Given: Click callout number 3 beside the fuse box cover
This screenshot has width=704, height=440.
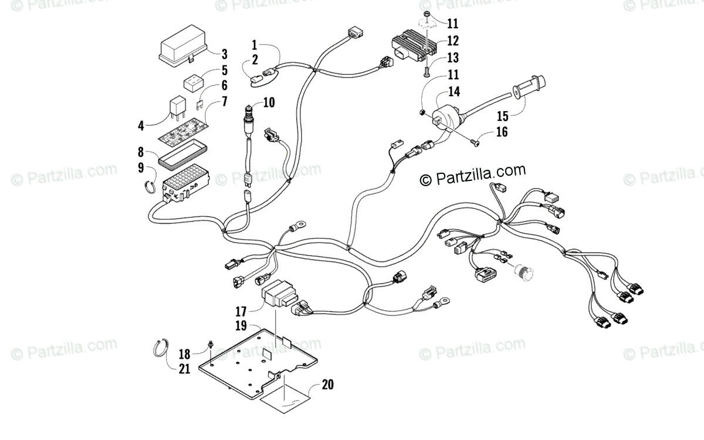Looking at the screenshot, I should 224,55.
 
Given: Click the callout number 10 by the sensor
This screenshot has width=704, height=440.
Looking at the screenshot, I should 269,102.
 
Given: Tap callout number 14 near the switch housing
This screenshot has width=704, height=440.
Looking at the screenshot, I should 454,92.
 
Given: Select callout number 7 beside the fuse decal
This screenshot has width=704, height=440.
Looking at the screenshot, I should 224,101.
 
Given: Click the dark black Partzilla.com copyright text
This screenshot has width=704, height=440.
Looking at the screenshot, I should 472,174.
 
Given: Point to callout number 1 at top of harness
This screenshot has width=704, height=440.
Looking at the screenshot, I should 255,44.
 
